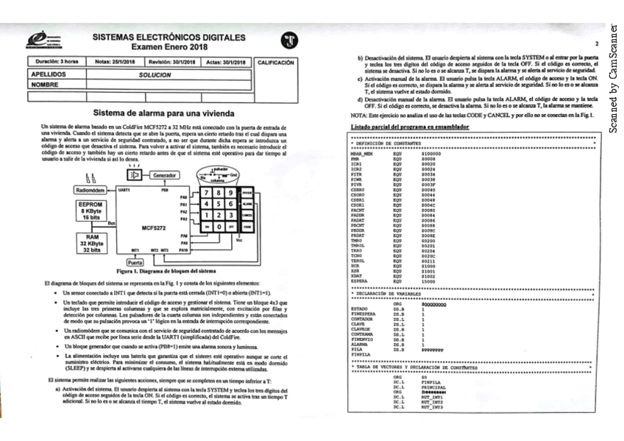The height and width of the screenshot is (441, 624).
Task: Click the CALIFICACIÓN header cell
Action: click(279, 63)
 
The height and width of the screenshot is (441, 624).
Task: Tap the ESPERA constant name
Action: click(360, 281)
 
